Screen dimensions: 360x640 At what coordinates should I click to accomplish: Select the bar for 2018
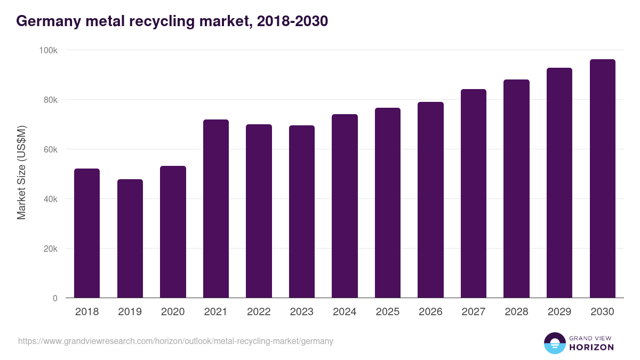pos(87,233)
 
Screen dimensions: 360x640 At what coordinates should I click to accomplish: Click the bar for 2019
pos(130,238)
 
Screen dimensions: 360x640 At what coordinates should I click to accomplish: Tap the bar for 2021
pos(216,209)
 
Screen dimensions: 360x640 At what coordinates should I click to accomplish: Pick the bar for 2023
pos(302,212)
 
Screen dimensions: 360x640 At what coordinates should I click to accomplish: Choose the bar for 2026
pos(430,200)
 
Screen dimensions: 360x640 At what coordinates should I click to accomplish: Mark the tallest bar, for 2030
pos(602,179)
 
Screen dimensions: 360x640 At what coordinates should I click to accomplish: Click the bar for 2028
pos(516,189)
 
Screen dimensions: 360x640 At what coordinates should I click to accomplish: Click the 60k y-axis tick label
pos(50,149)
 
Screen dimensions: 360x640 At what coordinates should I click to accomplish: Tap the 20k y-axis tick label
pos(50,249)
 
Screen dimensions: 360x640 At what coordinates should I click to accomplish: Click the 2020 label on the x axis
pos(173,312)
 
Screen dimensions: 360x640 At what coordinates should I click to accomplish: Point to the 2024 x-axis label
pos(345,312)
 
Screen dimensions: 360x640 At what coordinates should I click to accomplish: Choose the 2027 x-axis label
pos(474,312)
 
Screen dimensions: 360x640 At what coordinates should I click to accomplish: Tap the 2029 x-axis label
pos(559,312)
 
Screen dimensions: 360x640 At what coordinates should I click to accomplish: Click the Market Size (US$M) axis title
pos(21,172)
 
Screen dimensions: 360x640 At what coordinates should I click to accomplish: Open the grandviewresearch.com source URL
pos(175,341)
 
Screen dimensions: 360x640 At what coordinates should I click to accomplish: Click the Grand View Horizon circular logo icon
pos(554,343)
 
